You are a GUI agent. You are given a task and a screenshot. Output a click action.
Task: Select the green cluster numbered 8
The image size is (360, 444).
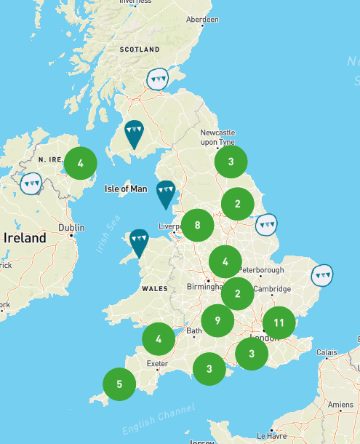(197, 225)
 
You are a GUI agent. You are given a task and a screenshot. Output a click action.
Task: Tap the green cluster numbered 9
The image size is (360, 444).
(217, 320)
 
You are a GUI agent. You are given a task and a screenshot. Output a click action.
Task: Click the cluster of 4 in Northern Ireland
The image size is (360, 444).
(81, 163)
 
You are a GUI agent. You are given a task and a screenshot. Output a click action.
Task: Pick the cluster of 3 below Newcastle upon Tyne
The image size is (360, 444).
(231, 162)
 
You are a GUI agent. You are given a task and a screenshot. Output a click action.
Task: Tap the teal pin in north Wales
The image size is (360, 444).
(138, 240)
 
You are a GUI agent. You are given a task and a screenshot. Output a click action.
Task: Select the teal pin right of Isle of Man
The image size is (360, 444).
(166, 192)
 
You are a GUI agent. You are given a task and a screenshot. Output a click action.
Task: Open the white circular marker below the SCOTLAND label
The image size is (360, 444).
(157, 78)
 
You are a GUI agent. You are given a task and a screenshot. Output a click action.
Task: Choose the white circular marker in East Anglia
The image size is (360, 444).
(321, 276)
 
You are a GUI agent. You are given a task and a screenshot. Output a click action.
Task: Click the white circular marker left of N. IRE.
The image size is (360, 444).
(31, 183)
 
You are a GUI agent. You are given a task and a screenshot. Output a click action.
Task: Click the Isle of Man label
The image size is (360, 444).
(126, 189)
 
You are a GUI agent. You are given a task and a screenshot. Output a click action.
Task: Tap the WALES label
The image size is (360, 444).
(154, 289)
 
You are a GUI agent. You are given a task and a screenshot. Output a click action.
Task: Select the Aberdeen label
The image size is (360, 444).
(202, 20)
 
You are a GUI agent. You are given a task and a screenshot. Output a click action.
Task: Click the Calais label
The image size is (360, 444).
(327, 352)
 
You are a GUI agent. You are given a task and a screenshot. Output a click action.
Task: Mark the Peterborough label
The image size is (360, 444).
(260, 270)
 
